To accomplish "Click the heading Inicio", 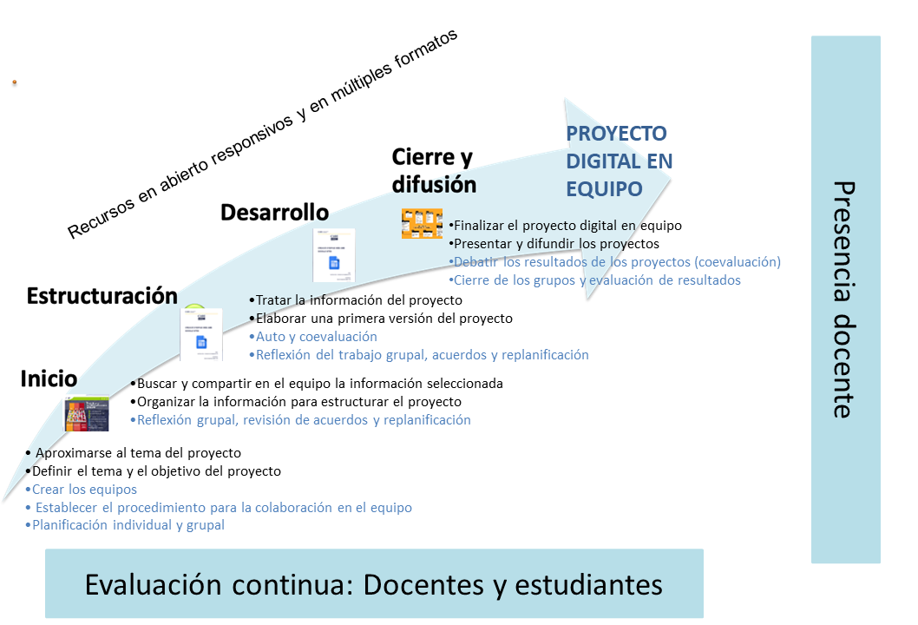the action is (49, 378).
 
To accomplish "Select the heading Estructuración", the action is (102, 296).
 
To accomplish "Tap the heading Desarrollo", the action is (274, 212).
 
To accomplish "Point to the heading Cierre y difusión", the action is (434, 170).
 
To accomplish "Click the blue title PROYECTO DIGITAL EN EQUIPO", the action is (619, 161).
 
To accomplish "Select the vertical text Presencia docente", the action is (843, 299).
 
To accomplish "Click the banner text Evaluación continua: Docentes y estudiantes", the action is (373, 584).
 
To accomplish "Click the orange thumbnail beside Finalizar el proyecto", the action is (422, 224).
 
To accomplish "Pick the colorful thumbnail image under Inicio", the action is (87, 413).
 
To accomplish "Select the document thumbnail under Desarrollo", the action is (334, 255).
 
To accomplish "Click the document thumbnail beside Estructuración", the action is (200, 334).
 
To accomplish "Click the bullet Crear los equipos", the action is (81, 489).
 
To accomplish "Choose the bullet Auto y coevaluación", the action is (312, 336).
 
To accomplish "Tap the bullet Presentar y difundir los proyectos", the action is (554, 244).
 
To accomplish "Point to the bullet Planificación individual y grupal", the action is (125, 525).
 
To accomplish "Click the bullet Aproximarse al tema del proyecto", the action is (133, 453).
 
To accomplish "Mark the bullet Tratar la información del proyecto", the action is (356, 299).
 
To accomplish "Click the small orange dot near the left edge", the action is (15, 82).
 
